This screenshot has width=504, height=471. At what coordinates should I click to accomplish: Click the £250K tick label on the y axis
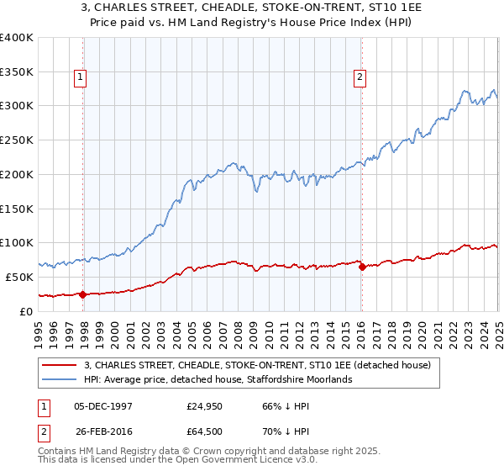[x=17, y=140]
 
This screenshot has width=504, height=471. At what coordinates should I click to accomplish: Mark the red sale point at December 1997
[x=83, y=294]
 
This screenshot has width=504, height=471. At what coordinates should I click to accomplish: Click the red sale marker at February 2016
[x=362, y=267]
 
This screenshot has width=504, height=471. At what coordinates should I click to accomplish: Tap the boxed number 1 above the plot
[x=81, y=78]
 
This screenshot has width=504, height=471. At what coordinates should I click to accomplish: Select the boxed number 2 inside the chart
[x=360, y=78]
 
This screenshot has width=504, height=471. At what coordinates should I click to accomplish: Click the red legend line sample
[x=59, y=365]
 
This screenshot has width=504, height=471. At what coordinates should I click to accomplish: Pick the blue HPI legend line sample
[x=59, y=379]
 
